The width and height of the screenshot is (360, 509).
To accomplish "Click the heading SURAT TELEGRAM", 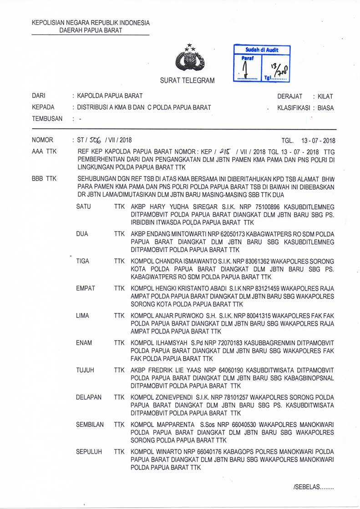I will coord(187,81).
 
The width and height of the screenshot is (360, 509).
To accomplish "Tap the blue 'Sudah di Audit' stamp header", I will coord(262,50).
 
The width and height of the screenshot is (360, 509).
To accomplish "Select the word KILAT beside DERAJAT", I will coord(326,96).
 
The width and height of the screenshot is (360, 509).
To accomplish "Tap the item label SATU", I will coord(84,207).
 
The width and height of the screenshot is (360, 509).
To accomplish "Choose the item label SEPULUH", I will coord(89,452).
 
